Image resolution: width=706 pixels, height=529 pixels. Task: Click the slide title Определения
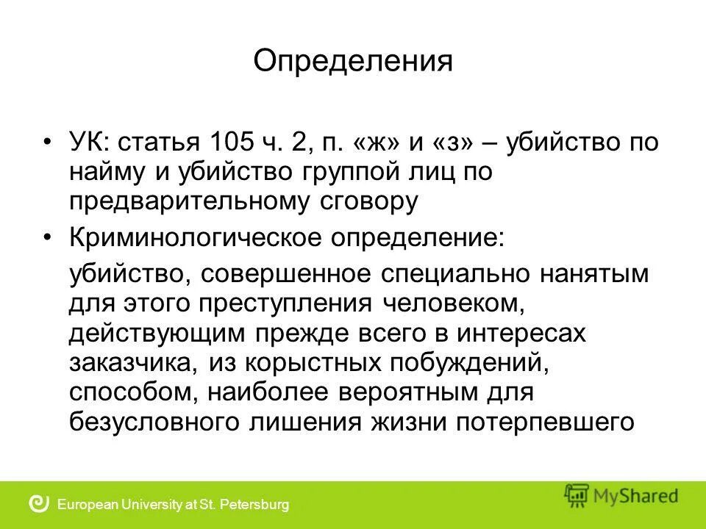pyautogui.click(x=353, y=61)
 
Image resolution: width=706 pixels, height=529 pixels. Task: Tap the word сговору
pyautogui.click(x=372, y=201)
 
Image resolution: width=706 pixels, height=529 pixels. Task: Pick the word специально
pyautogui.click(x=454, y=274)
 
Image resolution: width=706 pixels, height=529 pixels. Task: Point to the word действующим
pyautogui.click(x=157, y=333)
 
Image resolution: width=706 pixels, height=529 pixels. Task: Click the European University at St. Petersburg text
pyautogui.click(x=173, y=505)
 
